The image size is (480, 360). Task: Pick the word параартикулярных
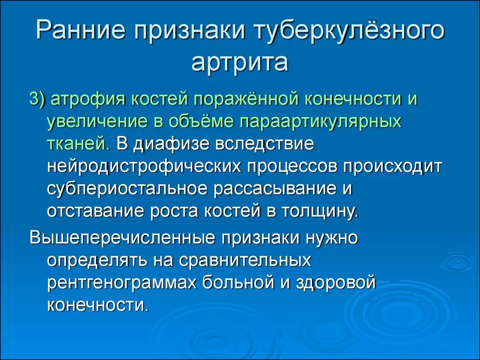click(x=321, y=121)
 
